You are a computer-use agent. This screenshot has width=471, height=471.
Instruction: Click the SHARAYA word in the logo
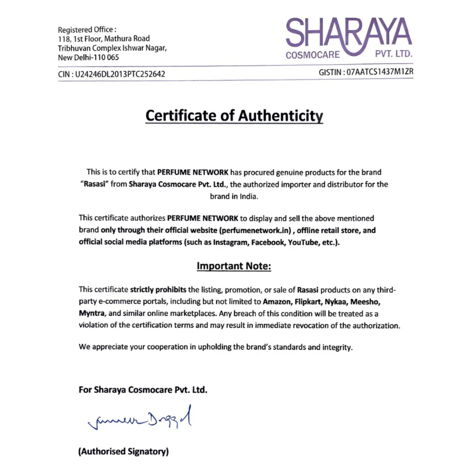coord(349,33)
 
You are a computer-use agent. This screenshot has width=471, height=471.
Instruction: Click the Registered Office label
coord(87,29)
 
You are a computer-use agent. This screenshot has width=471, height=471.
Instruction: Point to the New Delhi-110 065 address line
coord(88,58)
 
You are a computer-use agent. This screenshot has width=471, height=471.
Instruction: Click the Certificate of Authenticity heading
coord(234,116)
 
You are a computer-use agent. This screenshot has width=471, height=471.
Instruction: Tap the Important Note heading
coord(234,266)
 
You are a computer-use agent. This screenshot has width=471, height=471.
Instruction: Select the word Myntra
coord(92,313)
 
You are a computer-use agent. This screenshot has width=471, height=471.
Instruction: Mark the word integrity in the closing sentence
coord(336,347)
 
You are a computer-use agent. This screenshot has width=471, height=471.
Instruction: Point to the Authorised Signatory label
coord(124,452)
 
